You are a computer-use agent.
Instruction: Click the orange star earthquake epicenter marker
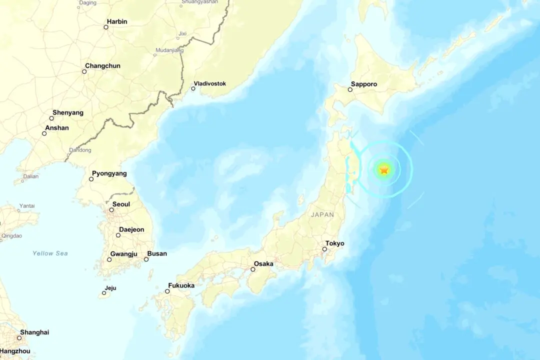pyautogui.click(x=384, y=170)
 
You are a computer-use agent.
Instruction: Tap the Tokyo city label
pyautogui.click(x=335, y=243)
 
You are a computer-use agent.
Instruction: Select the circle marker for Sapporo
pyautogui.click(x=350, y=89)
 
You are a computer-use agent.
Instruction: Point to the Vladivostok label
pyautogui.click(x=210, y=83)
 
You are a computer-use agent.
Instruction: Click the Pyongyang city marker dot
pyautogui.click(x=91, y=179)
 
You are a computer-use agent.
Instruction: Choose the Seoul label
pyautogui.click(x=121, y=204)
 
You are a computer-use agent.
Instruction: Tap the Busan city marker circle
pyautogui.click(x=146, y=259)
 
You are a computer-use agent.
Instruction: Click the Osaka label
pyautogui.click(x=263, y=263)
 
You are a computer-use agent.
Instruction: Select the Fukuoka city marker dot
pyautogui.click(x=167, y=291)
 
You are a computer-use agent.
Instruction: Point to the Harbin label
pyautogui.click(x=117, y=21)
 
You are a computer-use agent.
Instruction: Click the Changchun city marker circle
pyautogui.click(x=84, y=71)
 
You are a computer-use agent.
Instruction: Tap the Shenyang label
pyautogui.click(x=68, y=113)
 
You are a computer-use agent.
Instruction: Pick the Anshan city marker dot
pyautogui.click(x=44, y=133)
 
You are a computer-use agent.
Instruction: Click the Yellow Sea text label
pyautogui.click(x=50, y=253)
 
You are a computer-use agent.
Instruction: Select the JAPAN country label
pyautogui.click(x=322, y=214)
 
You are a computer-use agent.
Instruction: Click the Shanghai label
pyautogui.click(x=34, y=332)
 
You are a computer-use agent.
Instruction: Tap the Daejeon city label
pyautogui.click(x=131, y=229)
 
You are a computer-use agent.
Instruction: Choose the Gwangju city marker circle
pyautogui.click(x=109, y=259)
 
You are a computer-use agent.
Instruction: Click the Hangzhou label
pyautogui.click(x=15, y=351)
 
